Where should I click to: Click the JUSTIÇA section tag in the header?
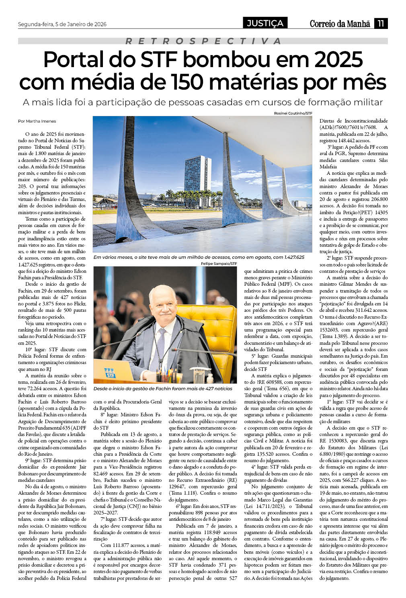click(x=265, y=23)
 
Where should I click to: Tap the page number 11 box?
click(x=381, y=23)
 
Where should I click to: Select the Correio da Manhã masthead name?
click(x=340, y=24)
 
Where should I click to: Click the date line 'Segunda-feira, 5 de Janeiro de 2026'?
click(x=62, y=24)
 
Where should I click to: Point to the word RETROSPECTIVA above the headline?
click(x=203, y=41)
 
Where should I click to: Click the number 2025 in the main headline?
click(x=339, y=60)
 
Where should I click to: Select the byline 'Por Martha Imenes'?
click(x=37, y=121)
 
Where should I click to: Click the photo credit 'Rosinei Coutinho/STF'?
click(x=293, y=113)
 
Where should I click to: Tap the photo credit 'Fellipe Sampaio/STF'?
click(x=219, y=264)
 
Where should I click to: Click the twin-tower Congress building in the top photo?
click(x=197, y=177)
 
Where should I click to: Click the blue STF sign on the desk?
click(x=109, y=373)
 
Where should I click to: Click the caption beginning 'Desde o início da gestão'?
click(x=163, y=389)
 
